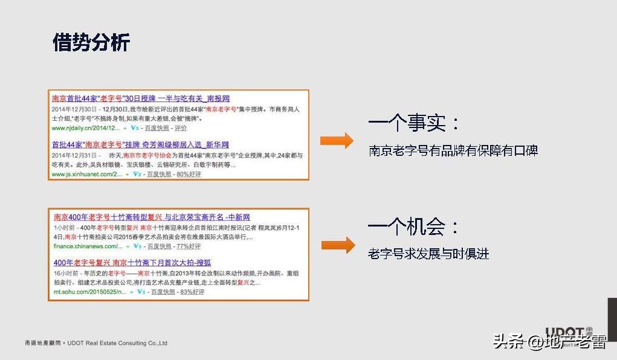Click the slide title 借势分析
tap(91, 43)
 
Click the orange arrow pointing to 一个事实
tap(337, 141)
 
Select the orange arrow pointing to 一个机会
tap(337, 245)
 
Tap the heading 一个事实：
tap(415, 124)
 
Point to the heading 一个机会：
tap(415, 227)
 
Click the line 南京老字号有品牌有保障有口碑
tap(453, 150)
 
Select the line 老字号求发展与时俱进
tap(428, 254)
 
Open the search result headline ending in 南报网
tap(141, 98)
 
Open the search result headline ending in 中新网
tap(152, 217)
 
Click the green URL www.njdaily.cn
tap(84, 129)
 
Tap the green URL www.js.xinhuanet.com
tap(86, 174)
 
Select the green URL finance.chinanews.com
tap(88, 246)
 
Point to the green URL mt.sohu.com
tap(89, 292)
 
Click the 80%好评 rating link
tap(189, 174)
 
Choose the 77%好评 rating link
tap(188, 246)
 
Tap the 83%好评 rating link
tap(192, 292)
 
